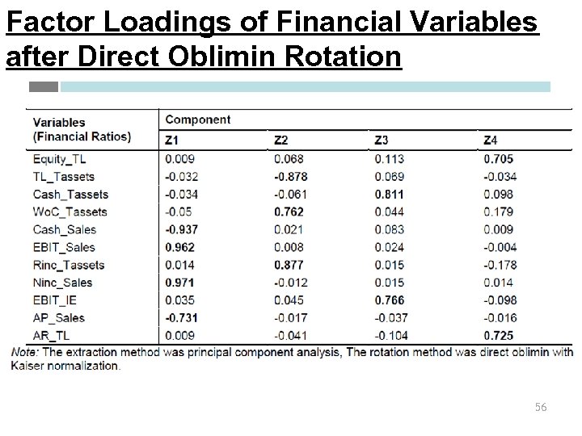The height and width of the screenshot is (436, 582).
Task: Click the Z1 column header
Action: click(x=172, y=140)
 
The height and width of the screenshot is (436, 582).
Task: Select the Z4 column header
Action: click(x=490, y=140)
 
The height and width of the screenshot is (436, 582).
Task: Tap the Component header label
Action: click(x=197, y=119)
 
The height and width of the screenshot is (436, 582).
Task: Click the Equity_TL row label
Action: click(x=59, y=159)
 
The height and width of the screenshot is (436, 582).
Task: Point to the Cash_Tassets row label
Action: click(x=70, y=194)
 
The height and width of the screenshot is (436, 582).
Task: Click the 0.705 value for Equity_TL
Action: click(x=498, y=159)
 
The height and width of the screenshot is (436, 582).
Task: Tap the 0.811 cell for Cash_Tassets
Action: click(x=390, y=194)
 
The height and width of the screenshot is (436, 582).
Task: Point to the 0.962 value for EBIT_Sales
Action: click(x=179, y=247)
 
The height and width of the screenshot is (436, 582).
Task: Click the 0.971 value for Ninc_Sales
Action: click(x=179, y=283)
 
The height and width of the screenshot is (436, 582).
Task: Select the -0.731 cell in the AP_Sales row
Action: click(x=181, y=318)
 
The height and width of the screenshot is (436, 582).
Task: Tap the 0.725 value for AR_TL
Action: click(x=498, y=335)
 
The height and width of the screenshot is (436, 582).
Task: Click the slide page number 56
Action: click(x=540, y=408)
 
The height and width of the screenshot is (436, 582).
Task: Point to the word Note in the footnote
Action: click(x=24, y=352)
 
